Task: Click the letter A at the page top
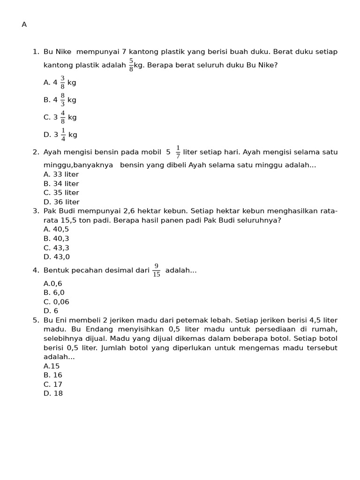[24, 25]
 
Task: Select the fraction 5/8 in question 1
[131, 65]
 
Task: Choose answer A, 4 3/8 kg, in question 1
[60, 82]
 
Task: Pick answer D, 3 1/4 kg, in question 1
[60, 135]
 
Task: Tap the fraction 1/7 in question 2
[178, 152]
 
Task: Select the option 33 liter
[61, 174]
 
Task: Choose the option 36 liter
[61, 202]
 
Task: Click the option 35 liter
[61, 193]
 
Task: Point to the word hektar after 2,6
[150, 211]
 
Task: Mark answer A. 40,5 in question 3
[56, 229]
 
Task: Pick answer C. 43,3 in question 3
[56, 247]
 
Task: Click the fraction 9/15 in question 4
[157, 270]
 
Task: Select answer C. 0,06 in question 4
[56, 302]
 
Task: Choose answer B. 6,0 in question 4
[54, 292]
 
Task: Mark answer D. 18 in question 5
[53, 393]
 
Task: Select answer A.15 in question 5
[52, 366]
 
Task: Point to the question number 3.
[36, 211]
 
